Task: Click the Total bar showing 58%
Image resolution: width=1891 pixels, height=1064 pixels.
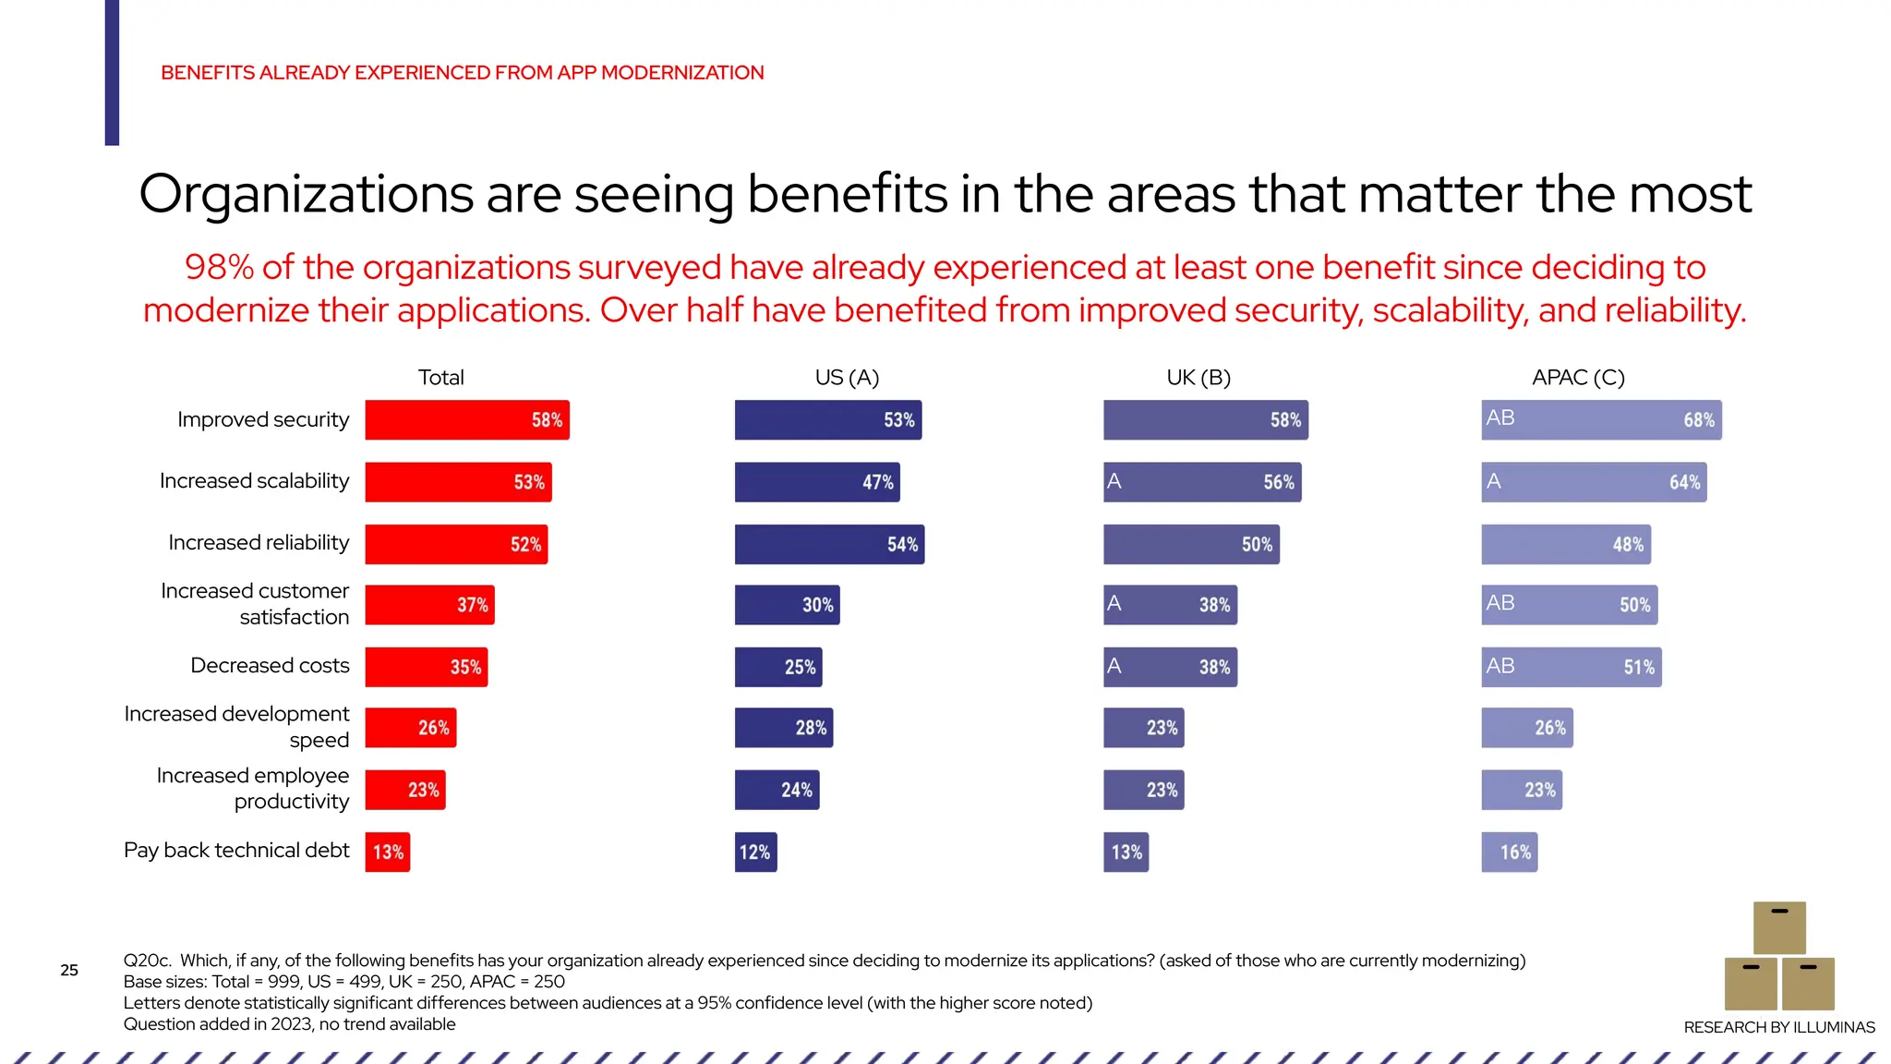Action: [466, 420]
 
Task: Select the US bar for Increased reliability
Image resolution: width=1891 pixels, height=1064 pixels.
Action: [828, 544]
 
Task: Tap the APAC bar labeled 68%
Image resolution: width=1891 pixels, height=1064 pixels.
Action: [1600, 420]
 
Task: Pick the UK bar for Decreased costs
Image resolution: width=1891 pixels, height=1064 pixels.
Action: [1169, 667]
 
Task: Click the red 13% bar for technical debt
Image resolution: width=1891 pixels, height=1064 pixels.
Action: [387, 852]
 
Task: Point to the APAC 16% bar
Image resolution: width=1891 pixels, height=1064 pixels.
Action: [1509, 852]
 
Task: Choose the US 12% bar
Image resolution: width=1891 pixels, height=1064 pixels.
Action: [755, 852]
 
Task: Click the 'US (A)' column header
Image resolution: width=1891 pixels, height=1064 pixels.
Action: [847, 378]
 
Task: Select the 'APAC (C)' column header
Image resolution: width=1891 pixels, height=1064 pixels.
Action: [1577, 378]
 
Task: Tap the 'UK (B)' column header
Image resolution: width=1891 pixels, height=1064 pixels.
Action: [1198, 378]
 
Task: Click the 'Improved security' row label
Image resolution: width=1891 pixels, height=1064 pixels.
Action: [263, 420]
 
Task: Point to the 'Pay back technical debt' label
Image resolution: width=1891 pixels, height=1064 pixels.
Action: [236, 851]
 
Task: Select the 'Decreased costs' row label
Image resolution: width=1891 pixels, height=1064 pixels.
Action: [270, 666]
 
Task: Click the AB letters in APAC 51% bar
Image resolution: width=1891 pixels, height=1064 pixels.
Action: [1500, 666]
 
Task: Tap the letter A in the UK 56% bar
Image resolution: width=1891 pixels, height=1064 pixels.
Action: [1114, 481]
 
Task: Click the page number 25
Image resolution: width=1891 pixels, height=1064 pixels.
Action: [69, 970]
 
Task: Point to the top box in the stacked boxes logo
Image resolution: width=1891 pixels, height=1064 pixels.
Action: [1778, 928]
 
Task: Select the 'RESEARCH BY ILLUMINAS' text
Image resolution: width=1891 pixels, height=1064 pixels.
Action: [1778, 1027]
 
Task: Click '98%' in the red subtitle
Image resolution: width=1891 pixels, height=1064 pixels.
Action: [219, 268]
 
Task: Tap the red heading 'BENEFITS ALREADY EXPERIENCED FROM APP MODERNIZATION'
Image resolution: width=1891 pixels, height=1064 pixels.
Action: [462, 73]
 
